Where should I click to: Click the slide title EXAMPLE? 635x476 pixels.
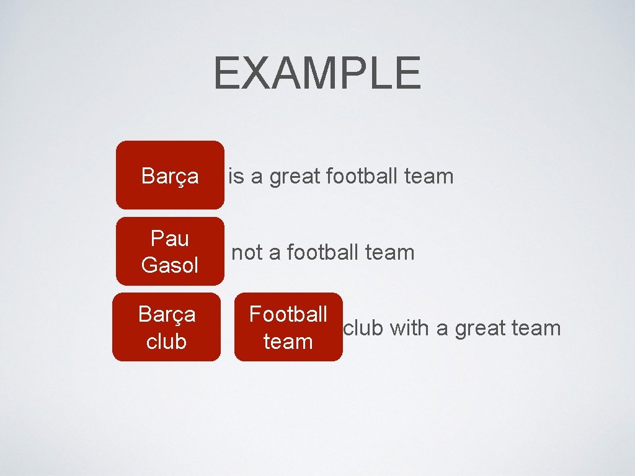click(317, 73)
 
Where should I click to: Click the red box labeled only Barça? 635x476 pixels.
click(169, 175)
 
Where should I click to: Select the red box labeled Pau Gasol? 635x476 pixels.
click(169, 251)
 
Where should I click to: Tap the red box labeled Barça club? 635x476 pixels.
click(166, 327)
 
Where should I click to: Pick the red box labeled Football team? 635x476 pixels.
click(288, 327)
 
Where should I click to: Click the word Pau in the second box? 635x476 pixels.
click(169, 238)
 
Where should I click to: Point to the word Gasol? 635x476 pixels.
click(169, 265)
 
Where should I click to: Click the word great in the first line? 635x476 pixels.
click(295, 177)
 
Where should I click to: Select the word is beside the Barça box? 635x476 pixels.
click(236, 176)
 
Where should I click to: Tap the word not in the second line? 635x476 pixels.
click(246, 253)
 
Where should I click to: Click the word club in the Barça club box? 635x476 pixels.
click(166, 341)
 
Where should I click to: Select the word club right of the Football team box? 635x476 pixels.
click(364, 328)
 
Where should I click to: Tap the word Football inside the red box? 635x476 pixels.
click(288, 314)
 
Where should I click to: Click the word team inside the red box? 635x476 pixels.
click(288, 341)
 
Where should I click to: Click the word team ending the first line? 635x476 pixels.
click(429, 176)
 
